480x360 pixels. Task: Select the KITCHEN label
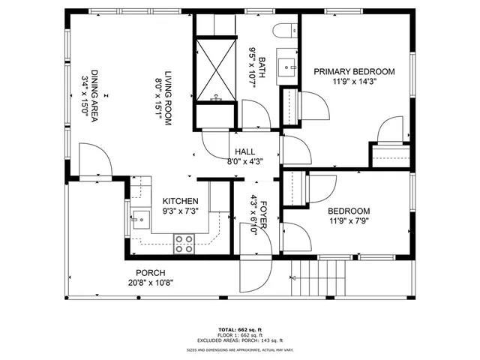181,202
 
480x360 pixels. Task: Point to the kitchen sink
139,219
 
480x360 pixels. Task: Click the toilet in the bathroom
286,31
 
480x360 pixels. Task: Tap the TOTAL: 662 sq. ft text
240,330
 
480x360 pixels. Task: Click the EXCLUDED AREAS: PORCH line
240,340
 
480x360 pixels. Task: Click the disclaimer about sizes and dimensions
240,350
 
